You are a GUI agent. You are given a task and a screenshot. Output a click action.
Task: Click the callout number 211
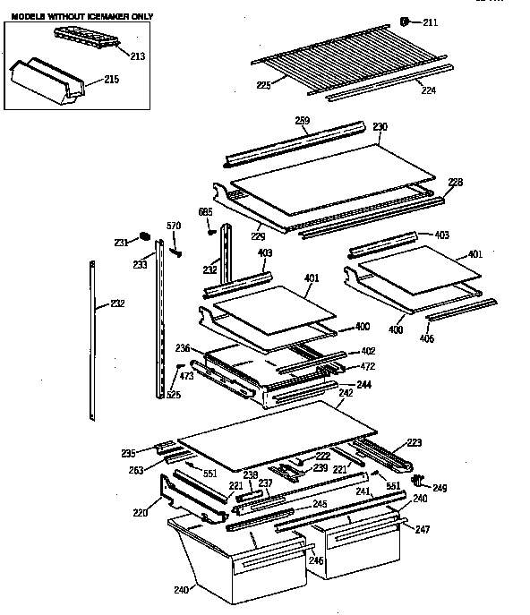tap(431, 22)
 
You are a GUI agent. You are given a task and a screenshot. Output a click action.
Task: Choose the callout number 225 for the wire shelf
tap(263, 85)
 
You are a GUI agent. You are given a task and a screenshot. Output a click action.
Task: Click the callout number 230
tap(380, 126)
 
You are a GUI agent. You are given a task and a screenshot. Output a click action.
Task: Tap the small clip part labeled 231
tap(142, 236)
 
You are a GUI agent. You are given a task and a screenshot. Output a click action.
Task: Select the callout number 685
tap(204, 211)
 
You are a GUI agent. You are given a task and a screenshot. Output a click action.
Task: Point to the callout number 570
tap(175, 226)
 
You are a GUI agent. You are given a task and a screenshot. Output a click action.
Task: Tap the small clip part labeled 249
tap(416, 481)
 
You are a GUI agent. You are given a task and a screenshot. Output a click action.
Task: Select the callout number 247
tap(422, 529)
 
